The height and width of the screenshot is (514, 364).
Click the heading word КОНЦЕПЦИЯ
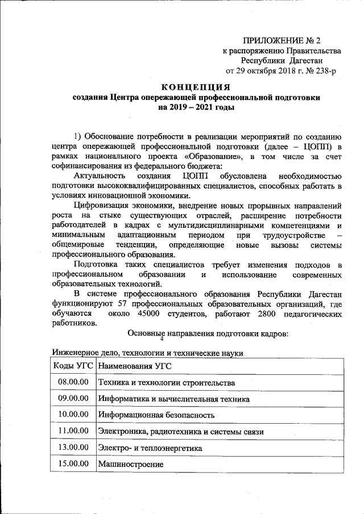pos(196,87)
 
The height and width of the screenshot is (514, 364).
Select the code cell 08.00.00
pos(73,382)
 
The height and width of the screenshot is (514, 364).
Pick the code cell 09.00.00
pos(73,399)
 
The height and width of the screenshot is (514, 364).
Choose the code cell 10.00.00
pos(73,415)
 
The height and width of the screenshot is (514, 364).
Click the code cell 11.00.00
pos(73,432)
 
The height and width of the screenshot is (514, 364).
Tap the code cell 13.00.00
pos(73,448)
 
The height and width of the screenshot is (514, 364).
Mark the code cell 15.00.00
pos(73,464)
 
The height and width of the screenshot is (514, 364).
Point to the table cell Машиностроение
pos(131,465)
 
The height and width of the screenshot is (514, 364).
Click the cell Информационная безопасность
pos(156,416)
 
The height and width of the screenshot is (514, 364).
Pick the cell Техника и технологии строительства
pos(167,383)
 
